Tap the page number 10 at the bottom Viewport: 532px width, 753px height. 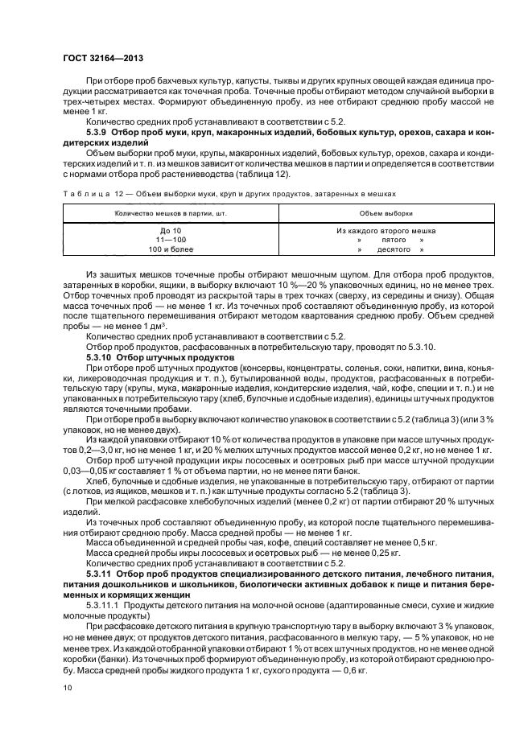[x=67, y=688]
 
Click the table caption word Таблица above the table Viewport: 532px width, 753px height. [x=81, y=193]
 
